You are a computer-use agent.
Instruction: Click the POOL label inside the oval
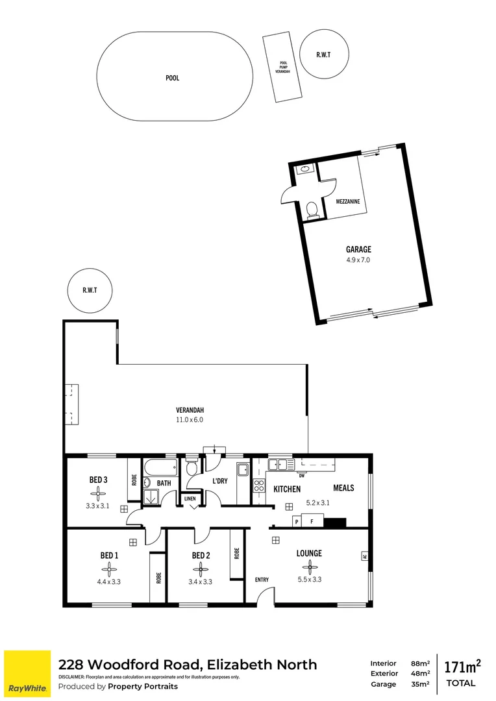(172, 78)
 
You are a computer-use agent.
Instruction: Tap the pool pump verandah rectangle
(281, 68)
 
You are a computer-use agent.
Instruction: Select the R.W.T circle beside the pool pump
(323, 55)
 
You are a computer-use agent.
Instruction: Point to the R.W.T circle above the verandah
(90, 291)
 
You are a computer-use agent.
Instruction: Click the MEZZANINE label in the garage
(348, 202)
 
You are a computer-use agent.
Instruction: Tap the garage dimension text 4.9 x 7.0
(358, 260)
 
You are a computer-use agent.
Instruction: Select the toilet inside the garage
(312, 209)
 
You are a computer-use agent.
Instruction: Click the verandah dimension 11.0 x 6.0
(190, 420)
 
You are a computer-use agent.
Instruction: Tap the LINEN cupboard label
(190, 498)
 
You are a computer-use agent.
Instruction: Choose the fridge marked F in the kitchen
(312, 521)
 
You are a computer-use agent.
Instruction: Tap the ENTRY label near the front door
(262, 580)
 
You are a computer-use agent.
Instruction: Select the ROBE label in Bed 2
(237, 553)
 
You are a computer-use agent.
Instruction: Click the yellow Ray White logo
(27, 673)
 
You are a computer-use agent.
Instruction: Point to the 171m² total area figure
(462, 667)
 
